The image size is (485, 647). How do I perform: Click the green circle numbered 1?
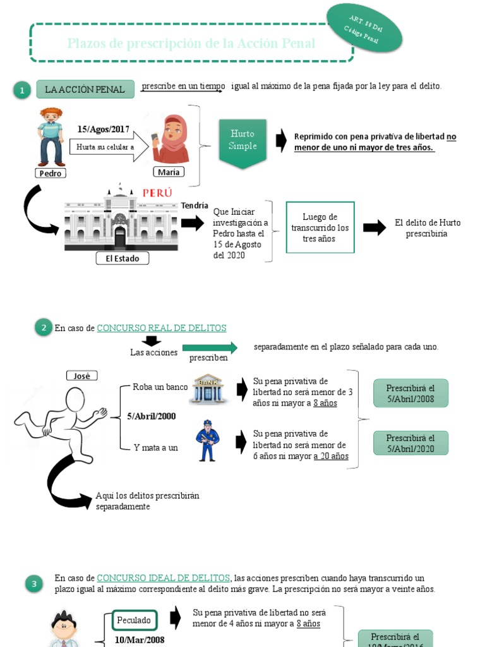pos(22,91)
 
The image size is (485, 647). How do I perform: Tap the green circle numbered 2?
pos(44,327)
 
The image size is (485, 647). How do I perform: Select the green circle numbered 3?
pos(34,584)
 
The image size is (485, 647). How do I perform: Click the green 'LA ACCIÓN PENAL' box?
pos(85,90)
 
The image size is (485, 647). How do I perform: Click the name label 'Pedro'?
pos(51,173)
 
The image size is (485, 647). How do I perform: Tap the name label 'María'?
pos(169,172)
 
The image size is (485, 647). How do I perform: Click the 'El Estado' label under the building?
pos(122,258)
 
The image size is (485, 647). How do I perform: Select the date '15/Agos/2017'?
pos(104,130)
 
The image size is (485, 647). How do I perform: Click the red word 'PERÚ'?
pos(157,193)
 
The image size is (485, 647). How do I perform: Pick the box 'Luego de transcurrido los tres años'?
pos(320,227)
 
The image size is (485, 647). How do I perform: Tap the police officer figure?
pos(208,440)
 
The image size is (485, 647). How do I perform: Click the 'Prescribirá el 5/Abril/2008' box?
pos(410,392)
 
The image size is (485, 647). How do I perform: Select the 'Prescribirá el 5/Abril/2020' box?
pos(410,443)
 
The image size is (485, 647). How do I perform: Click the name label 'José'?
pos(82,376)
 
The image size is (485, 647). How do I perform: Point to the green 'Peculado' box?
pos(134,620)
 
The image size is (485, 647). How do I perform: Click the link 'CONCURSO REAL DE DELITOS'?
pos(162,328)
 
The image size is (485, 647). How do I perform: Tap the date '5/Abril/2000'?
pos(152,416)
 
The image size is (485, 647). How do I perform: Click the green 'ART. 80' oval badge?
pos(364,30)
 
